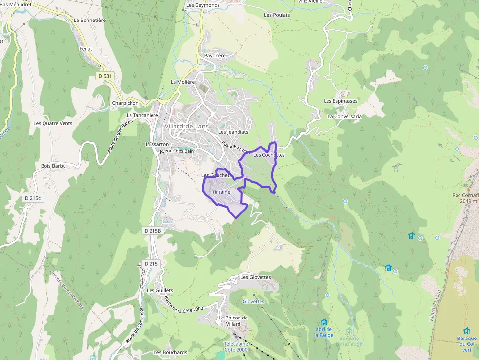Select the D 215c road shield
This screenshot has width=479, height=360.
[33, 198]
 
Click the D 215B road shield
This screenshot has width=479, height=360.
[152, 230]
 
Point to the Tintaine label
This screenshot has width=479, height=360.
[221, 192]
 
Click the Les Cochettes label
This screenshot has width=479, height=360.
[269, 155]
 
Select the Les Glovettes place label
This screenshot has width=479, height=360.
[255, 277]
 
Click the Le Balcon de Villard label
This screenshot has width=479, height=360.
[234, 321]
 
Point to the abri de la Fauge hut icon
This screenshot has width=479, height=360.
[324, 322]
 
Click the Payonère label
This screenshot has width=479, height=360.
[215, 56]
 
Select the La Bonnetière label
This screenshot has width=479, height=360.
[90, 21]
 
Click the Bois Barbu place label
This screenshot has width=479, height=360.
[53, 166]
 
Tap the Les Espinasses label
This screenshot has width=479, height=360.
[341, 101]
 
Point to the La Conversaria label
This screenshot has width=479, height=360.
[345, 117]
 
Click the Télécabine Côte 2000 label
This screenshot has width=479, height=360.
[236, 346]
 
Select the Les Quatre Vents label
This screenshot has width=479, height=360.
[53, 123]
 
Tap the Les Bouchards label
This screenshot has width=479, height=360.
[171, 352]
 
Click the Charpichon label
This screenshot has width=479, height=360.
[126, 103]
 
